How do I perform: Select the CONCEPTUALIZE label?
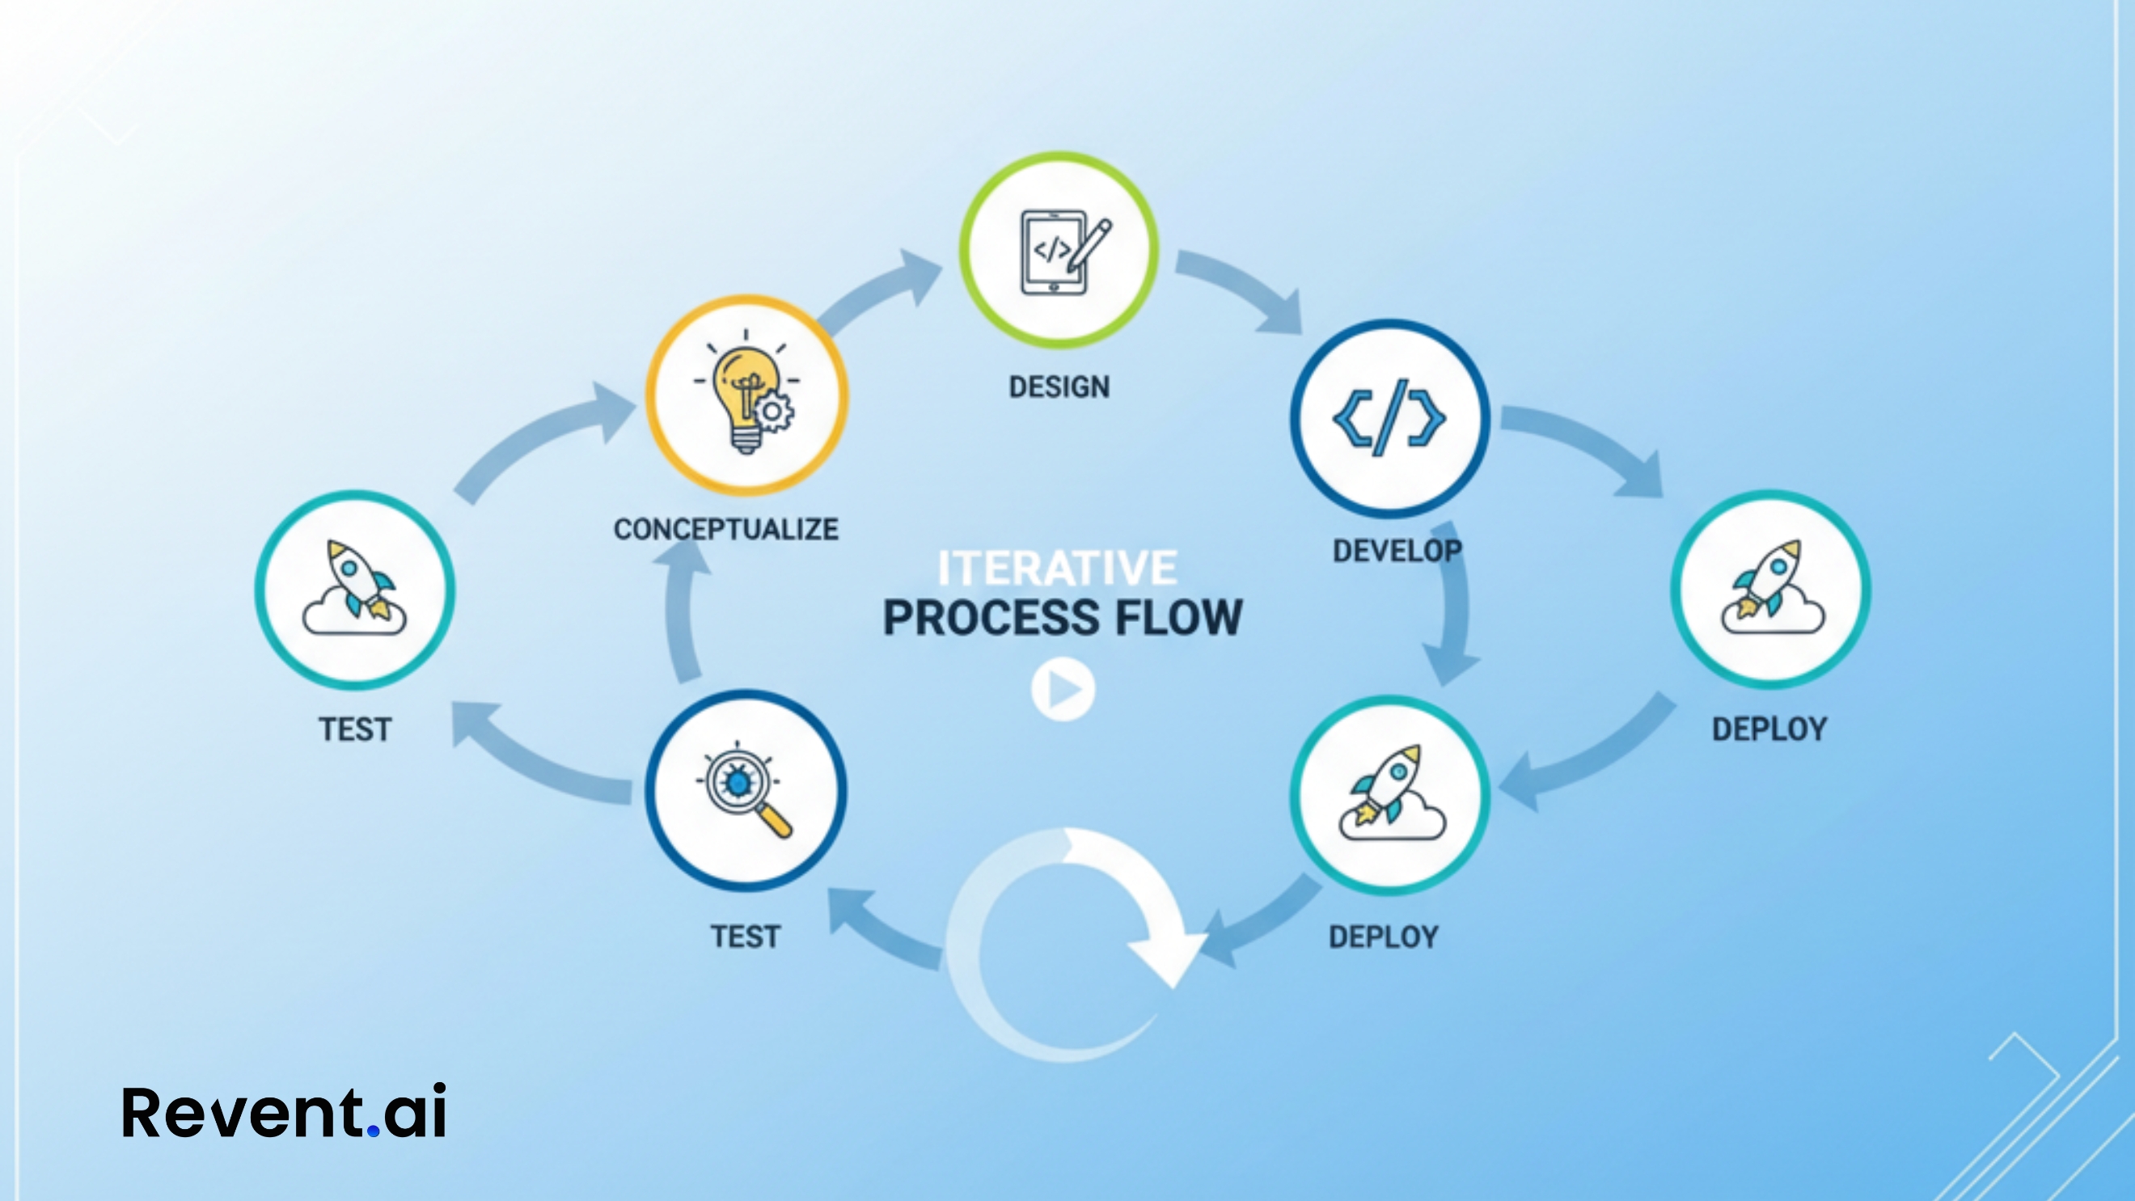pyautogui.click(x=725, y=530)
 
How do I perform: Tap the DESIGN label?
pyautogui.click(x=1059, y=387)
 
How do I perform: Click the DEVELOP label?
pyautogui.click(x=1397, y=550)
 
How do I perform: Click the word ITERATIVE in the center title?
pyautogui.click(x=1057, y=569)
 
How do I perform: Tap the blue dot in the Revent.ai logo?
pyautogui.click(x=373, y=1130)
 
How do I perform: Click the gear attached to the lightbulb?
pyautogui.click(x=772, y=411)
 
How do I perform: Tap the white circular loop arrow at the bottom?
pyautogui.click(x=1069, y=945)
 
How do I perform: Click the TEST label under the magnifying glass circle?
pyautogui.click(x=745, y=937)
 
